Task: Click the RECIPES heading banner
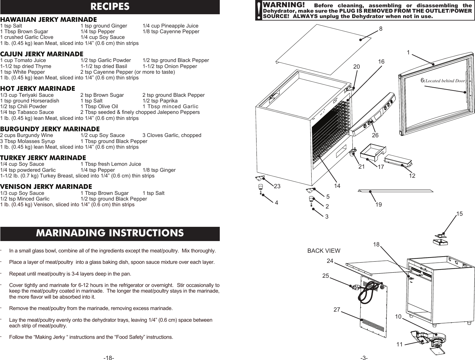(x=110, y=7)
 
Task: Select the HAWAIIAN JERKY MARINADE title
(x=49, y=20)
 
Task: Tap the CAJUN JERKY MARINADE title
(x=42, y=54)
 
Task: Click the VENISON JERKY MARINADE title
(x=46, y=187)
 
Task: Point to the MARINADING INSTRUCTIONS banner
(x=110, y=233)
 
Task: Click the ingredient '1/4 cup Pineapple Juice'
(x=170, y=26)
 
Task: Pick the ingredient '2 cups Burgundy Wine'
(x=27, y=135)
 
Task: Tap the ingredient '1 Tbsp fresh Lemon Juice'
(x=111, y=164)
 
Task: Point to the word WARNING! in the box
(x=284, y=6)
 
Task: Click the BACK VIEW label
(x=324, y=251)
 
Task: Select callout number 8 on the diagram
(x=381, y=29)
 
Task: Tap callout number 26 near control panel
(x=375, y=135)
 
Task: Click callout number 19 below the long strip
(x=378, y=205)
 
